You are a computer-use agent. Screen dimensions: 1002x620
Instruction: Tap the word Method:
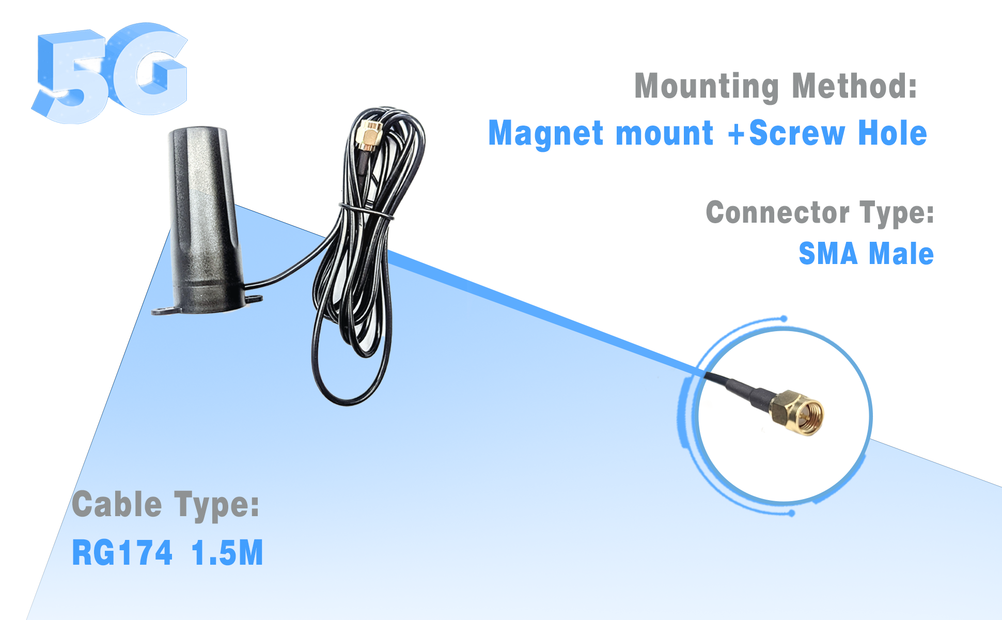tap(854, 86)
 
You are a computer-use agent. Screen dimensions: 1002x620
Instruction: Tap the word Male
tap(901, 254)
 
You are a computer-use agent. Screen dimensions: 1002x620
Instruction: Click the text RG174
tap(122, 552)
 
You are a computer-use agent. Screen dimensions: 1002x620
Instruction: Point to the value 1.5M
tap(227, 552)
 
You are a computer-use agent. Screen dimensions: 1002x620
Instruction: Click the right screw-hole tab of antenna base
tap(254, 298)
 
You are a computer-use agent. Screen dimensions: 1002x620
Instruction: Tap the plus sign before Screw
tap(737, 134)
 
